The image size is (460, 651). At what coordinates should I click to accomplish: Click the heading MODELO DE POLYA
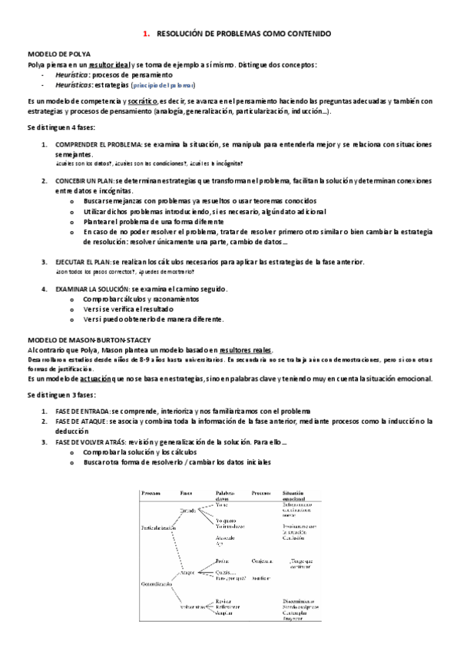tap(59, 55)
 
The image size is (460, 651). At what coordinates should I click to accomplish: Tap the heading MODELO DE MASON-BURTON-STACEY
tap(88, 339)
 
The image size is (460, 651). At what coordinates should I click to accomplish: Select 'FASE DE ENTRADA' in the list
tap(83, 411)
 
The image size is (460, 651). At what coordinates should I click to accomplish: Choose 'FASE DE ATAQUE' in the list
tap(81, 421)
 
